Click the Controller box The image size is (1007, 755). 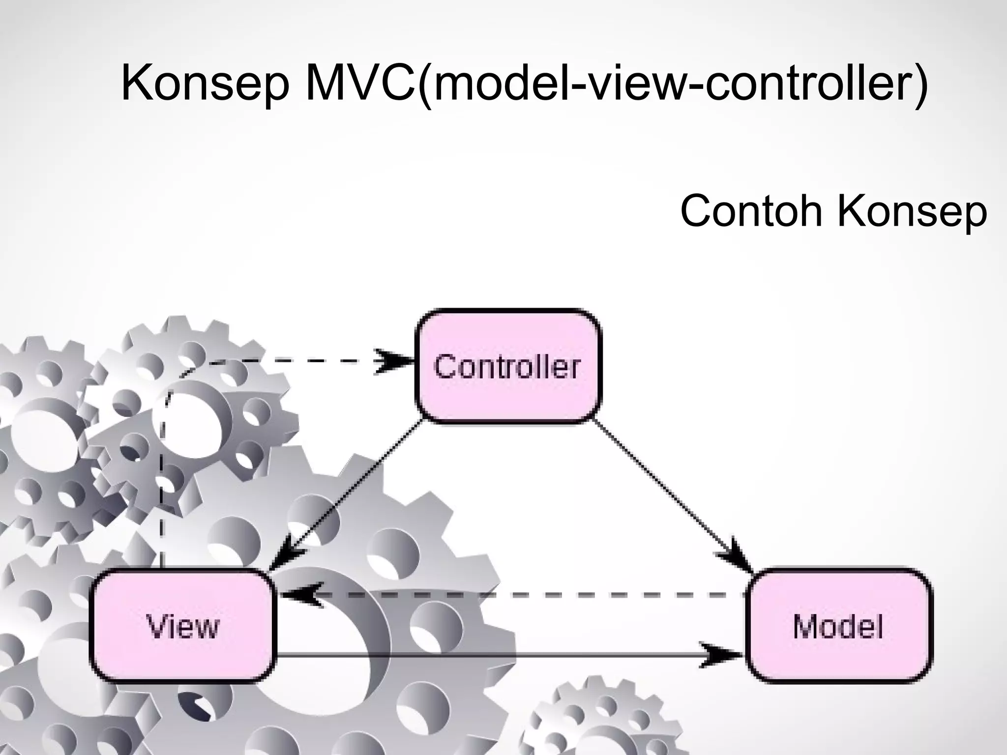click(508, 366)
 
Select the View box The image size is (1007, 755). click(182, 626)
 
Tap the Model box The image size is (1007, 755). click(838, 626)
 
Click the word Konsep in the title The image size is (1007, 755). click(205, 84)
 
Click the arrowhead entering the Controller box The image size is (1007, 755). click(395, 361)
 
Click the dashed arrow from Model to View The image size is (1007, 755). click(516, 595)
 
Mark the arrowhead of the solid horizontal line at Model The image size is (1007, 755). click(721, 655)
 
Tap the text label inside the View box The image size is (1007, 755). click(182, 627)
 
